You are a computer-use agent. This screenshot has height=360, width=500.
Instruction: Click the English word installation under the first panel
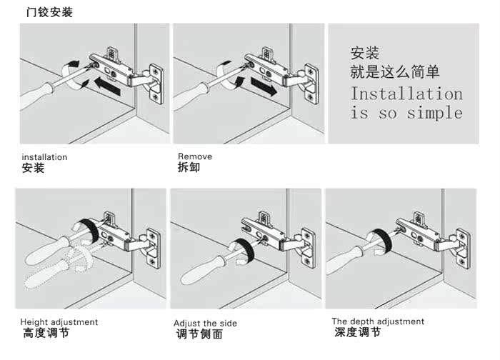[x=44, y=157]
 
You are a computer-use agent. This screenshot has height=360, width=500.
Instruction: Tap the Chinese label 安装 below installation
[x=33, y=169]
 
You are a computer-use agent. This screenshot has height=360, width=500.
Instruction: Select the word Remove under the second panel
[x=194, y=156]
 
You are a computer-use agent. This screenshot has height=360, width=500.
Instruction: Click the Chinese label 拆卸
[x=188, y=168]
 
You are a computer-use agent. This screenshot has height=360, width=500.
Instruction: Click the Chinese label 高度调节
[x=46, y=334]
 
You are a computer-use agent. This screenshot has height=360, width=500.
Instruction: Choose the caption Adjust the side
[x=206, y=324]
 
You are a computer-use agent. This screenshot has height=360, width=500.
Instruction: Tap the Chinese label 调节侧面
[x=199, y=334]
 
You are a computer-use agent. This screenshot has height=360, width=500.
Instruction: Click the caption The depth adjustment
[x=378, y=321]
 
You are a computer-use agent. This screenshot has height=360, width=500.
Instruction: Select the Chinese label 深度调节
[x=357, y=333]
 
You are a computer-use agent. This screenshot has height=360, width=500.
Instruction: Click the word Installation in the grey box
[x=406, y=94]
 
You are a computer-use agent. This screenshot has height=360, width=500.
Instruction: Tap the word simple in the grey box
[x=435, y=113]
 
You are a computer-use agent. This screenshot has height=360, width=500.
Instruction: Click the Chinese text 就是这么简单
[x=394, y=72]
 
